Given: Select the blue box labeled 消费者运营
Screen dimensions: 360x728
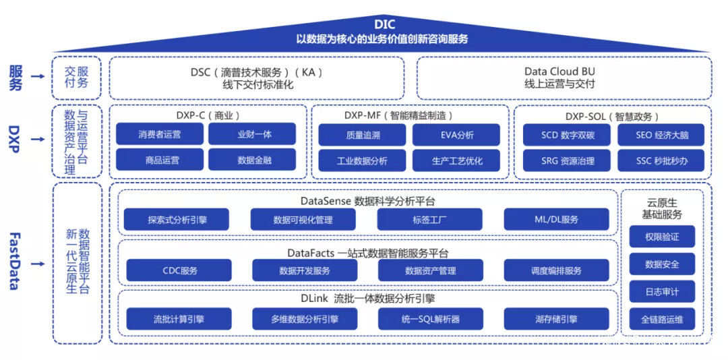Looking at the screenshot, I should pyautogui.click(x=160, y=134).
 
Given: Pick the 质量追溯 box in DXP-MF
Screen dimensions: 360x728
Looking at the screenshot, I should pyautogui.click(x=362, y=134).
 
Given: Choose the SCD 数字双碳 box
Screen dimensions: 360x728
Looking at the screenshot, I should pyautogui.click(x=567, y=134).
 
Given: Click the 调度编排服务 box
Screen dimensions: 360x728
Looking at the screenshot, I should pyautogui.click(x=556, y=270).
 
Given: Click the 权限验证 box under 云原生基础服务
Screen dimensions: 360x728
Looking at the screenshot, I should pyautogui.click(x=661, y=237).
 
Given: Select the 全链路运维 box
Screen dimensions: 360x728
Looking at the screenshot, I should pyautogui.click(x=661, y=319).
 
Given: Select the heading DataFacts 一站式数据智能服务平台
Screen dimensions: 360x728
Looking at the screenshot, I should pyautogui.click(x=367, y=253).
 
